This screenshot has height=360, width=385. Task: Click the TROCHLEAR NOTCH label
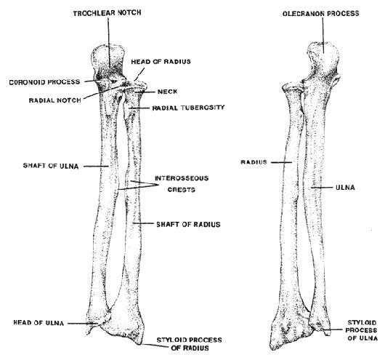107,13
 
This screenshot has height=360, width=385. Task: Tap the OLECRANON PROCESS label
320,13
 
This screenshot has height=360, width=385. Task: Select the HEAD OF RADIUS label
161,62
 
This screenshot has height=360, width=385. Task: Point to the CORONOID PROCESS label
44,82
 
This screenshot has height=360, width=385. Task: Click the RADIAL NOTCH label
55,100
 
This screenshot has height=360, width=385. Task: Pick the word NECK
167,92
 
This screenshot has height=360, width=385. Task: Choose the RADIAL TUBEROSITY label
188,108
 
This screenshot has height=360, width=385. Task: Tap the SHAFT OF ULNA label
51,166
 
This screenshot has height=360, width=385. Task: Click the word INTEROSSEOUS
182,178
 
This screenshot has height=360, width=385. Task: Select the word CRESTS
181,190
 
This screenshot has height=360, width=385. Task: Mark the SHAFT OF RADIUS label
188,224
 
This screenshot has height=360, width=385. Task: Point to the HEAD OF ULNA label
38,323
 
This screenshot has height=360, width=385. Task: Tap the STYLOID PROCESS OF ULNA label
362,330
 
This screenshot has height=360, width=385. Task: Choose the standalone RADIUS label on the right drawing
254,162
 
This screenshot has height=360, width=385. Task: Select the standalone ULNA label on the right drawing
345,188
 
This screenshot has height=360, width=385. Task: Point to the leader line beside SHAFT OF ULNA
96,167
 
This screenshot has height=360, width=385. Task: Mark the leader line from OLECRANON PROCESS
323,35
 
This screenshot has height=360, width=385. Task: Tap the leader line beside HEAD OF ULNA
83,324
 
